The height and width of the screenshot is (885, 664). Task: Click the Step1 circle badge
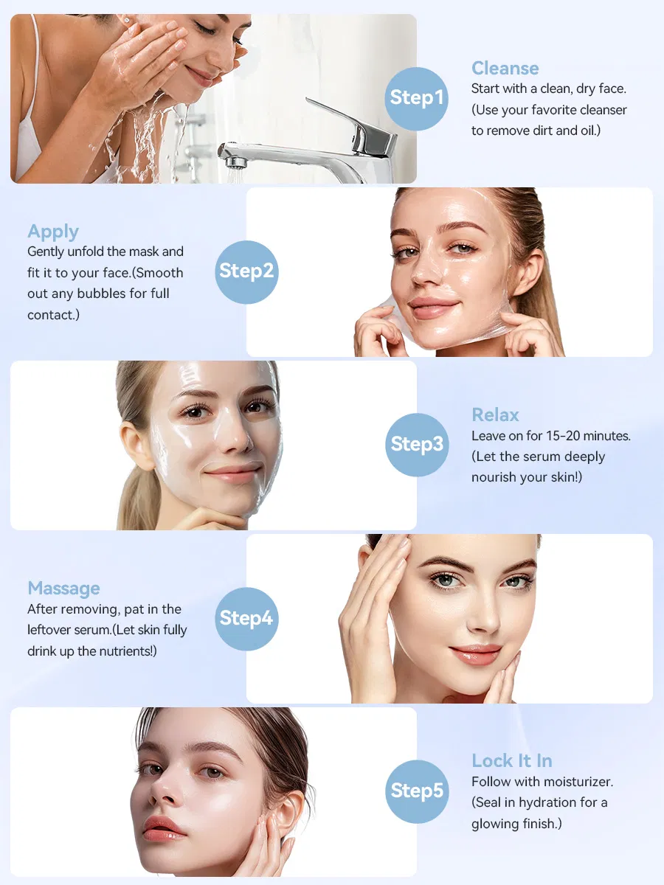point(416,99)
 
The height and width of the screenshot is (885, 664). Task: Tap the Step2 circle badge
point(246,272)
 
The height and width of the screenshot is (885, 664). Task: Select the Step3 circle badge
point(417,445)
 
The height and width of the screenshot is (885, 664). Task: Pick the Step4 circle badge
point(246,619)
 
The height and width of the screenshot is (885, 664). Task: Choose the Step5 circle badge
point(417,792)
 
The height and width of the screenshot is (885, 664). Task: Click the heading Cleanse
point(505,68)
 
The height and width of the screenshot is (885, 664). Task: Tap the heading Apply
point(53,232)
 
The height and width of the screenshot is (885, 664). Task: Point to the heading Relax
point(495,415)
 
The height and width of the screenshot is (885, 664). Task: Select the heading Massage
point(63,589)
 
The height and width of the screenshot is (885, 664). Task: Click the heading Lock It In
point(511,761)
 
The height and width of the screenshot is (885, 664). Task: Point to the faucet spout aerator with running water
point(235,162)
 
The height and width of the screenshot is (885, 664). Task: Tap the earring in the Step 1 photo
point(128,20)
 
